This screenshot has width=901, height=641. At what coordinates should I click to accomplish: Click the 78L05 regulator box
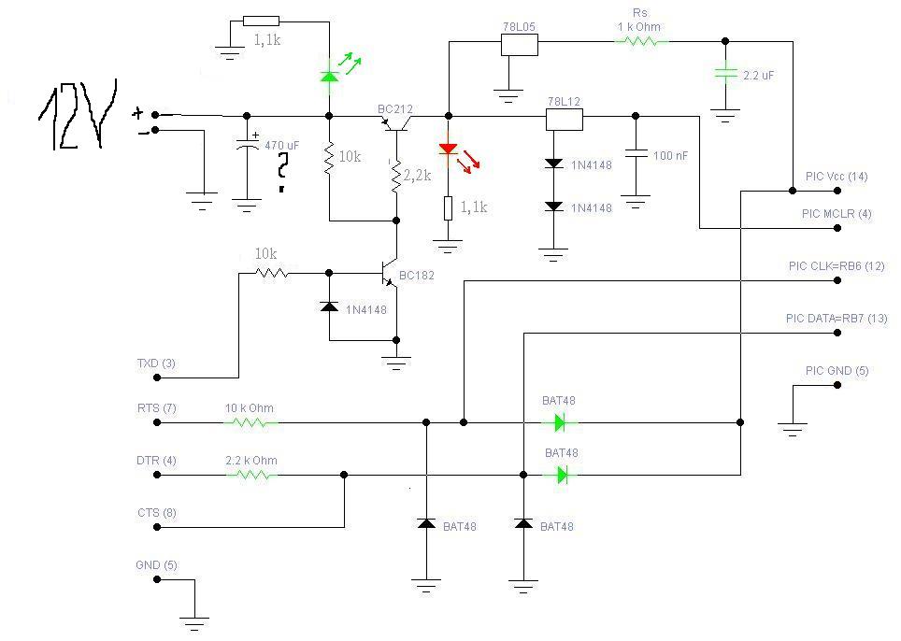[520, 45]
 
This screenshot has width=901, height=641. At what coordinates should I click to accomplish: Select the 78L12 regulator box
[564, 120]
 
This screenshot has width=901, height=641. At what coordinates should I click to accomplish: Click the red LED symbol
[449, 150]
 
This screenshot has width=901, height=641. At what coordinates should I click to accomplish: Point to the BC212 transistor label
[395, 109]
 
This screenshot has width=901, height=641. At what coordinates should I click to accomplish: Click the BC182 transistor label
[417, 275]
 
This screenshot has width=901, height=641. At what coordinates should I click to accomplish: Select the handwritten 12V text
[79, 115]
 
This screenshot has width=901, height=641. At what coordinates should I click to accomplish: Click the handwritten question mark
[282, 172]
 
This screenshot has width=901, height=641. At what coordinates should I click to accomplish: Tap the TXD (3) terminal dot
[157, 377]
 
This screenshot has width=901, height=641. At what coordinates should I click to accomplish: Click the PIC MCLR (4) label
[837, 214]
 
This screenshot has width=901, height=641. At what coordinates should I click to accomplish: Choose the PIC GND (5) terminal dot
[837, 385]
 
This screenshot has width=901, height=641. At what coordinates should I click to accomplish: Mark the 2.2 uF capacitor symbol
[725, 74]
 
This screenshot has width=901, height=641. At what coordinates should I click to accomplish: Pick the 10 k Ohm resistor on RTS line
[251, 422]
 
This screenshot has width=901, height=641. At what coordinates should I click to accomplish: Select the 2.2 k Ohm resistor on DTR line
[251, 475]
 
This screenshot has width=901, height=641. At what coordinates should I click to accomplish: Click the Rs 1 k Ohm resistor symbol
[642, 41]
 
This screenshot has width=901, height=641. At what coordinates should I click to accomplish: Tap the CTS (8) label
[157, 512]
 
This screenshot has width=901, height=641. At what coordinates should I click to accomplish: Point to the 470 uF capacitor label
[282, 146]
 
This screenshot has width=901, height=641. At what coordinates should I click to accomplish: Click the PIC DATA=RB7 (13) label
[837, 319]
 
